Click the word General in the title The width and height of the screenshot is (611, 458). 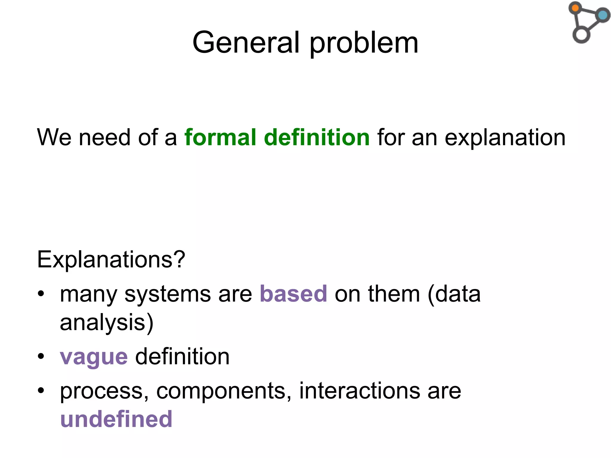point(246,43)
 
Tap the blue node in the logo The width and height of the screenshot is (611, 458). point(603,15)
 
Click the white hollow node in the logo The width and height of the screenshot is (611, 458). point(581,35)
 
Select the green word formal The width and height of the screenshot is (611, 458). point(220,137)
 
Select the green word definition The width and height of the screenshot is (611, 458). point(317,137)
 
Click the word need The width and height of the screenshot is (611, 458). point(104,137)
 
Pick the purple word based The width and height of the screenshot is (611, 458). point(293,294)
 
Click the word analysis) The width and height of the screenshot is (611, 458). point(107,323)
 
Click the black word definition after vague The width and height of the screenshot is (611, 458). point(182,357)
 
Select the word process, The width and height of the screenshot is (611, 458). point(104,392)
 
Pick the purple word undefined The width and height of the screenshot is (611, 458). point(116,419)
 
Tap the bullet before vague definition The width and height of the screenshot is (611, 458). point(41,356)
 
